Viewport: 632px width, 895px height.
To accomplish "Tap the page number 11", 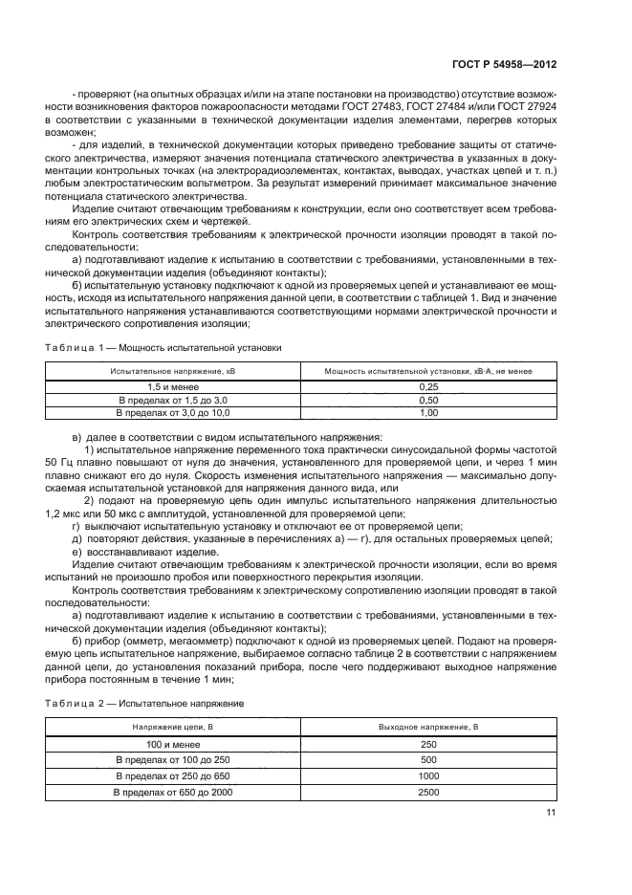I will (550, 813).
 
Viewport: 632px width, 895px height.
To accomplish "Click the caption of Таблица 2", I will (144, 704).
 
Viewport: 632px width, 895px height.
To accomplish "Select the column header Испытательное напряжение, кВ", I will (172, 370).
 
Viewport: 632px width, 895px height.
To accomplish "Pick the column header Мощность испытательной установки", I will (427, 370).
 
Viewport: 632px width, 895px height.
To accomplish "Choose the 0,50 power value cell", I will (428, 399).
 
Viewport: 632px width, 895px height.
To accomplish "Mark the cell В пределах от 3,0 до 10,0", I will (172, 412).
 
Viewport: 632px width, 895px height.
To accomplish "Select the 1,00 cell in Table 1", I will (428, 412).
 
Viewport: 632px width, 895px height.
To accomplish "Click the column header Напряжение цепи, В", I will (172, 728).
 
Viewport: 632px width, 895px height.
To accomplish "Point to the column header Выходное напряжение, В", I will (428, 728).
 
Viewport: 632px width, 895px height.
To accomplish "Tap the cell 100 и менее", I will (172, 744).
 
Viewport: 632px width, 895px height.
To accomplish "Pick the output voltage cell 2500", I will (428, 793).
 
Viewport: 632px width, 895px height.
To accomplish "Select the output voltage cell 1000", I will (428, 776).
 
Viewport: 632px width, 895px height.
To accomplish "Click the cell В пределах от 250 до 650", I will (172, 776).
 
